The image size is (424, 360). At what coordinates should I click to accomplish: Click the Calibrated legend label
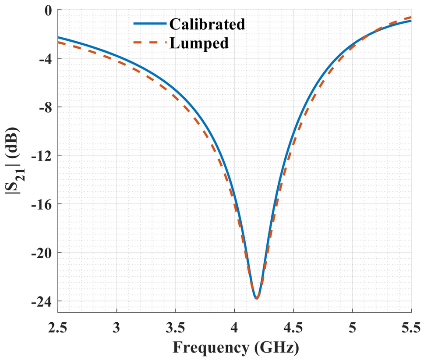(x=207, y=24)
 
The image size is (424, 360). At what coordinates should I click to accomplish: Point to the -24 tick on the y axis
(x=42, y=302)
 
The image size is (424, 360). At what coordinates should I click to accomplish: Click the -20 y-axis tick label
(x=42, y=253)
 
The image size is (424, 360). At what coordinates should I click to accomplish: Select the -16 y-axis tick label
(x=42, y=204)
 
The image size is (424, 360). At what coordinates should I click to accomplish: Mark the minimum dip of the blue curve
(x=257, y=298)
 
